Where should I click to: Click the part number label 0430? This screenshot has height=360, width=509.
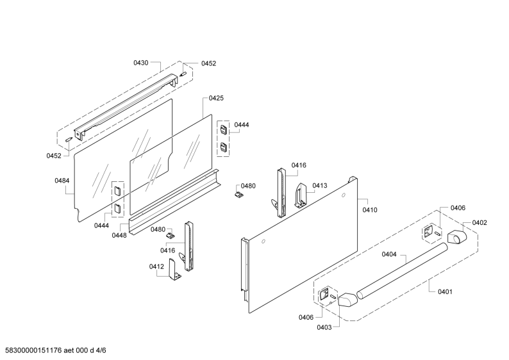click(141, 63)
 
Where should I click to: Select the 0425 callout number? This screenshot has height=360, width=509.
click(216, 98)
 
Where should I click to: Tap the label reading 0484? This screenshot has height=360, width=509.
click(62, 181)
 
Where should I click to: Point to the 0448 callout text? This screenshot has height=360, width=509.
click(119, 236)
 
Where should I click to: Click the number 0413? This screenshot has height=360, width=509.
click(320, 186)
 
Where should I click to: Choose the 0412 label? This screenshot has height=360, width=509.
click(156, 266)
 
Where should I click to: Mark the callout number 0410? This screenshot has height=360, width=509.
click(370, 210)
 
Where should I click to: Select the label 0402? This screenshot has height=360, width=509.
click(480, 222)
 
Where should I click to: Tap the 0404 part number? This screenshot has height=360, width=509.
click(389, 254)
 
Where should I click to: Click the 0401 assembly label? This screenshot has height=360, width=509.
click(445, 291)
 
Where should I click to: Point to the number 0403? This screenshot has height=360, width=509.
click(324, 327)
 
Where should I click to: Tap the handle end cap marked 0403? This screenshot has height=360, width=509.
click(347, 299)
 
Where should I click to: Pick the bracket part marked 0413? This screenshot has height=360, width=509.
click(301, 195)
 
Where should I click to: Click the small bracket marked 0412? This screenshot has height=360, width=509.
click(174, 270)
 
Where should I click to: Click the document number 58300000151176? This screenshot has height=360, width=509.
click(31, 350)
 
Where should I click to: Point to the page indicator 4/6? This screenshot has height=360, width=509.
click(101, 350)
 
